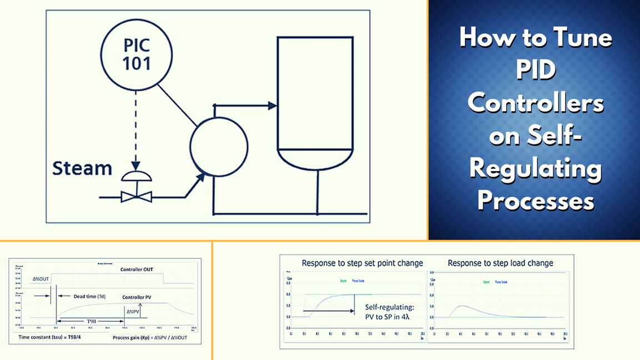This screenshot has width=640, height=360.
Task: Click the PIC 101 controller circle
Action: pos(136,54)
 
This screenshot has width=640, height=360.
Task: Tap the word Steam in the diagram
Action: pos(82,168)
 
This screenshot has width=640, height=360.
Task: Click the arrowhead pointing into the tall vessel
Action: pos(272,105)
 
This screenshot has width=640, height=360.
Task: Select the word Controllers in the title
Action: pos(536,103)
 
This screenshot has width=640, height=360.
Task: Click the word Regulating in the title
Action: pos(536,168)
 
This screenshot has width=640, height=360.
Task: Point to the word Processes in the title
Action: pos(536,200)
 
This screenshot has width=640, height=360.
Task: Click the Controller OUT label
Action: pos(137,269)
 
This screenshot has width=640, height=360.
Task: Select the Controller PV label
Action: pos(144,297)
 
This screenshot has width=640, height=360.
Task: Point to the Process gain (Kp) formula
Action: pos(149,337)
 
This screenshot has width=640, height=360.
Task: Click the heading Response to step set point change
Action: pos(362,263)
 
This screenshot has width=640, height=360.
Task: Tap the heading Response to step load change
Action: pos(500,263)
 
